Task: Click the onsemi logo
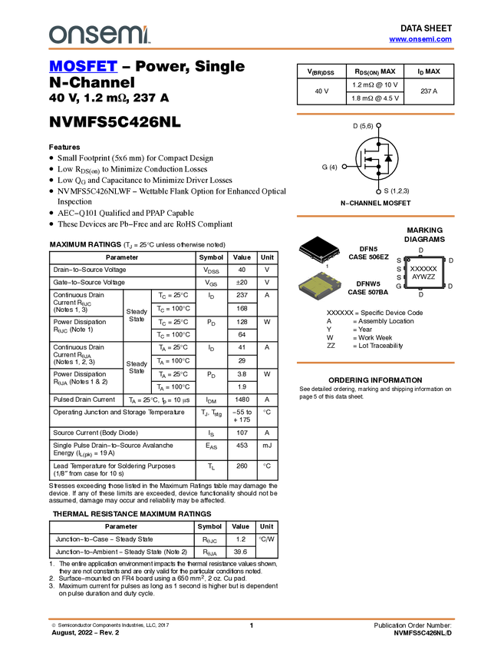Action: coord(99,35)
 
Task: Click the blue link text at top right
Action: coord(420,39)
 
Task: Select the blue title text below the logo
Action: coord(83,67)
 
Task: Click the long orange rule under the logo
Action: coord(251,49)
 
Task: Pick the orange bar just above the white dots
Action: coord(375,114)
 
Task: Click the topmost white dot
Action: coord(380,125)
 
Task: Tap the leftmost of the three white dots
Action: coord(344,166)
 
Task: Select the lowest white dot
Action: coord(380,192)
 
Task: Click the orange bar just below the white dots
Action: coord(375,217)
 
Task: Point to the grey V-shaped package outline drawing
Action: coord(319,252)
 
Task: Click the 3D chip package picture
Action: coord(320,286)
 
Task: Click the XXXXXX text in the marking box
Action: coord(423,269)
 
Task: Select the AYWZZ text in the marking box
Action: coord(423,277)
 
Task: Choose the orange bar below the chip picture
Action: coord(375,363)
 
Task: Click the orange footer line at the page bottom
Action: coord(251,618)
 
